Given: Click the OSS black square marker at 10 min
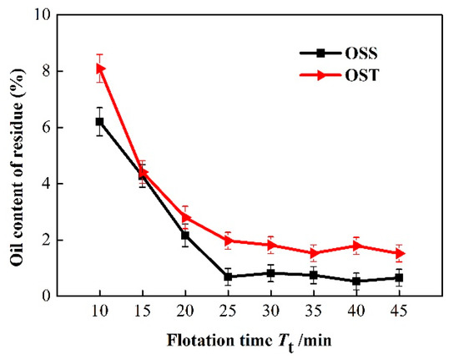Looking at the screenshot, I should point(99,122).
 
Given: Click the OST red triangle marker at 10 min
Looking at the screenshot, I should point(99,68).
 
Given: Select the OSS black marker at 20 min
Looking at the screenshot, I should point(184,235).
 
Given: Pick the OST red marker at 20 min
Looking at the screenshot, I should point(184,217).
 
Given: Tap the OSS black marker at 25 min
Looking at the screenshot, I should point(228,276).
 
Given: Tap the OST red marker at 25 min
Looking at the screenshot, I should point(228,241).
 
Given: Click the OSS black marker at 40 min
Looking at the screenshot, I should point(356,281).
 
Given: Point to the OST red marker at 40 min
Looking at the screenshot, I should point(356,246).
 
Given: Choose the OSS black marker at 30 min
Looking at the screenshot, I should point(270,273).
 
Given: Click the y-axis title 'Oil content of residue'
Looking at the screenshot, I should point(17,159).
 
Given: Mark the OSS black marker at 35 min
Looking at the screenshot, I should point(313,275).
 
